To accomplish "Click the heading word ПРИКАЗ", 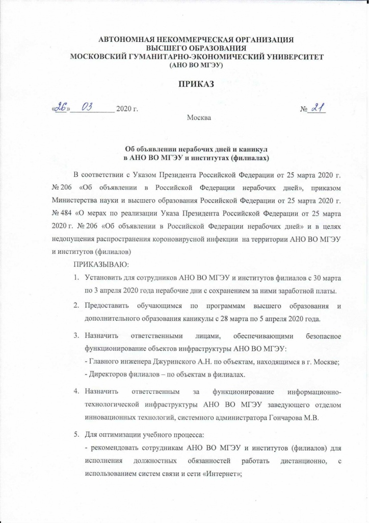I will click(184, 84).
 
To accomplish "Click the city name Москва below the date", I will click(199, 118).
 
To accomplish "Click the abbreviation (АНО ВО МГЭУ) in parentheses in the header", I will click(196, 65).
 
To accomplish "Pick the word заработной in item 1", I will click(292, 291).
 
